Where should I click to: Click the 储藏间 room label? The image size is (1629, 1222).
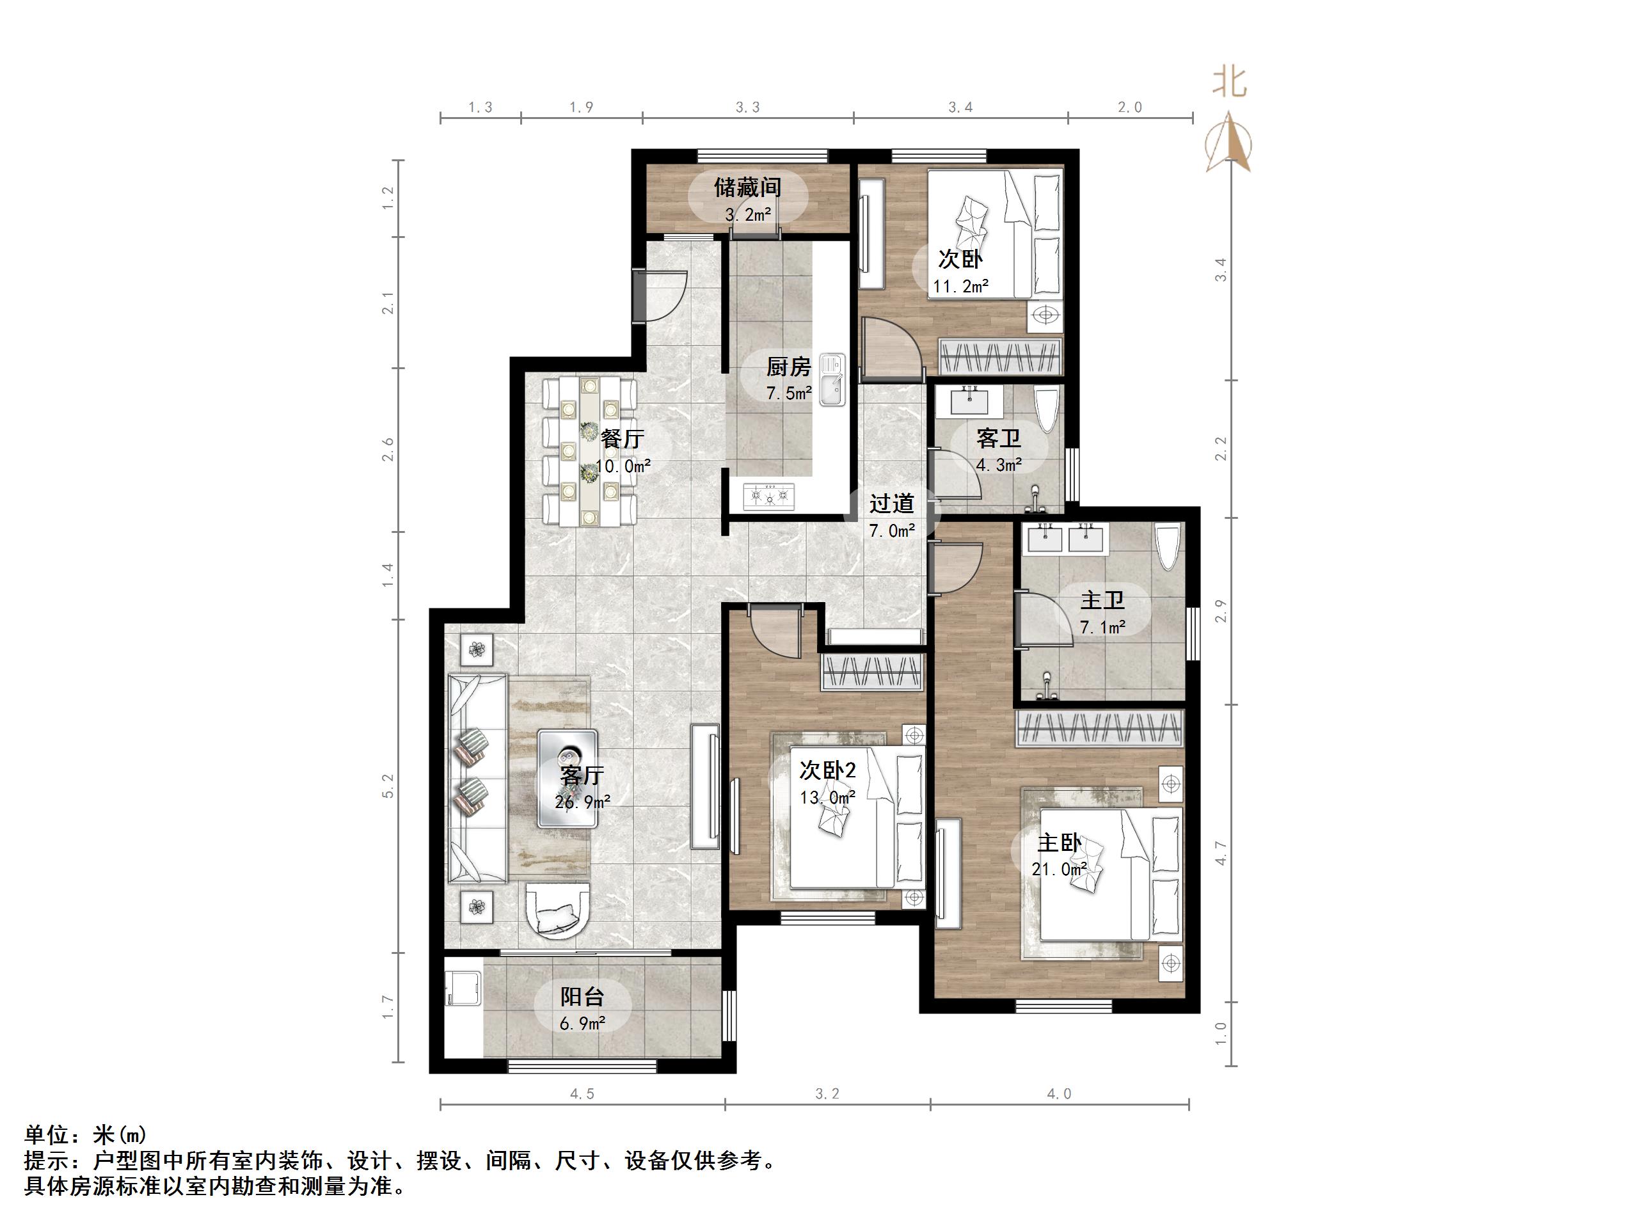tap(747, 188)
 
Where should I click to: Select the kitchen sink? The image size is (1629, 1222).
tap(833, 380)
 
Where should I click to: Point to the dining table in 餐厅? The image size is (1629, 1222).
tap(589, 452)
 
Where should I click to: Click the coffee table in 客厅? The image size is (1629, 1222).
tap(567, 778)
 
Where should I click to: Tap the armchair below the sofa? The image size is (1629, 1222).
tap(558, 910)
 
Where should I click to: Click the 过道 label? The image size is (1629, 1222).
tap(891, 505)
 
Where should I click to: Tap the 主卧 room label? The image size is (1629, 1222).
tap(1059, 843)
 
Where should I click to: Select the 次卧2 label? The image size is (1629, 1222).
tap(828, 770)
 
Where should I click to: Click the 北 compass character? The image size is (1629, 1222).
tap(1229, 82)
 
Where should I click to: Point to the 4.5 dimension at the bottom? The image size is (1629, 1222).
tap(582, 1095)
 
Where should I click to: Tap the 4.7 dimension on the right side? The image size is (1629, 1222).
tap(1221, 853)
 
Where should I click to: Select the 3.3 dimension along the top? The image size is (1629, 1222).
tap(747, 107)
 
